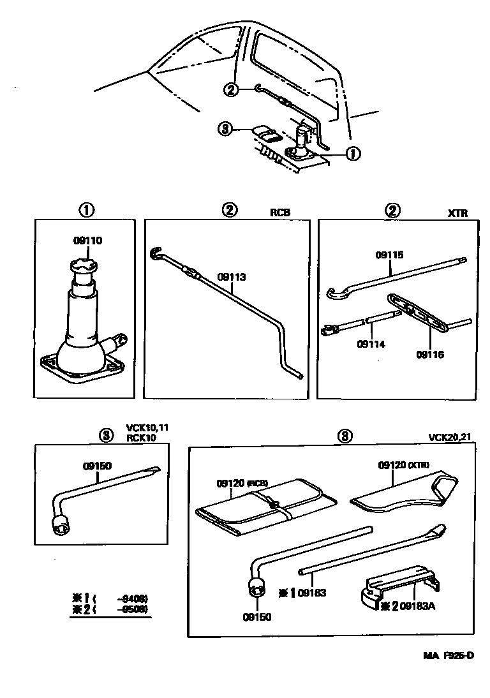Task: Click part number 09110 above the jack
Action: pyautogui.click(x=88, y=241)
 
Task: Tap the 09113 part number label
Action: pyautogui.click(x=232, y=278)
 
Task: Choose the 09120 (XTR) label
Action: pyautogui.click(x=403, y=465)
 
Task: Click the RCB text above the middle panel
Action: pyautogui.click(x=280, y=213)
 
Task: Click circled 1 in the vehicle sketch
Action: pyautogui.click(x=352, y=153)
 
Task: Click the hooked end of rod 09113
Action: pyautogui.click(x=156, y=254)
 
